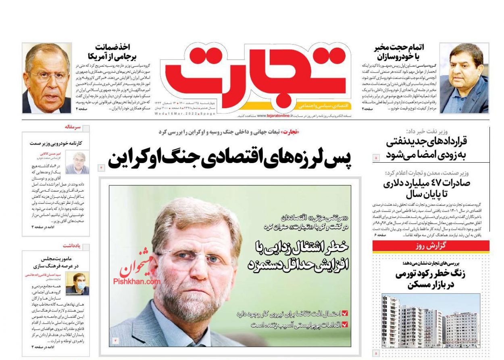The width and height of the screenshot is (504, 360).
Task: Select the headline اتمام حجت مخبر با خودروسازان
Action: (398, 51)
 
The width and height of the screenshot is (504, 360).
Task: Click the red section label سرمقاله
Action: (73, 127)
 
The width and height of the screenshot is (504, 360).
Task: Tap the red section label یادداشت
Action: (72, 245)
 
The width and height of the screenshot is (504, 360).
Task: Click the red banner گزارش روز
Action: (431, 246)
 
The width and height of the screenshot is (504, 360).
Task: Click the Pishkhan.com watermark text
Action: (131, 281)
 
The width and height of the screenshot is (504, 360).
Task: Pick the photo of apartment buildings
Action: (431, 320)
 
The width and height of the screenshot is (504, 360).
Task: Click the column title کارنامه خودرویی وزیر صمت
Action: (56, 143)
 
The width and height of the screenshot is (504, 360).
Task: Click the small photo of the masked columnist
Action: (77, 284)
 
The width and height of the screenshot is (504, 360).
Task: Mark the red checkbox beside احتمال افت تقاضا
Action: (345, 313)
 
